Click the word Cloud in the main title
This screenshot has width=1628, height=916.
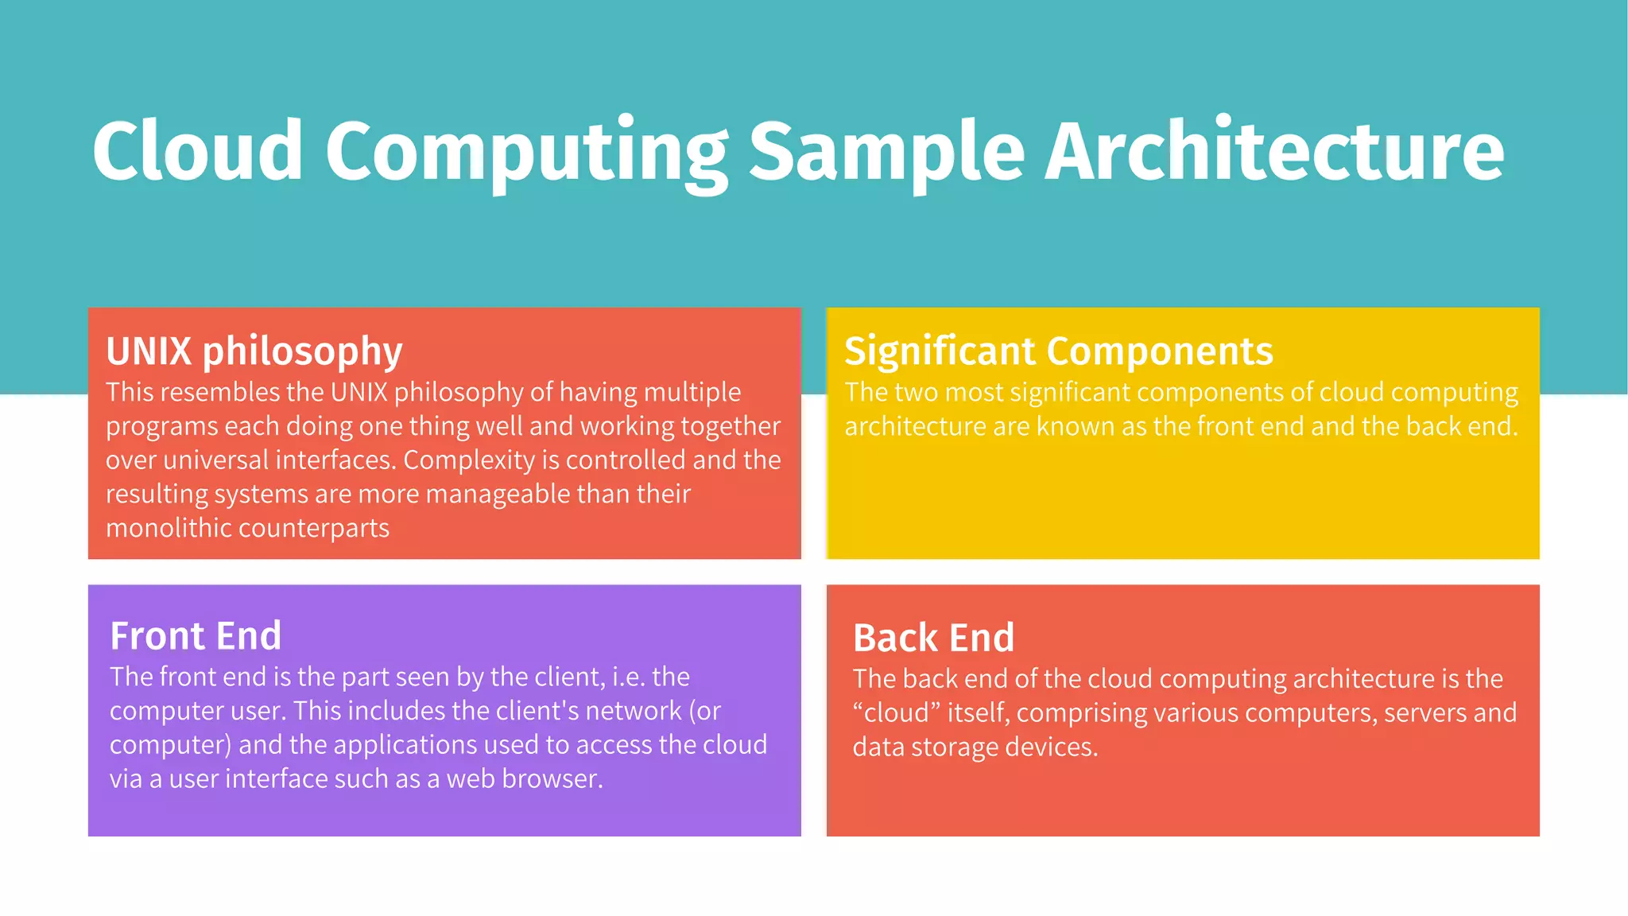click(x=197, y=151)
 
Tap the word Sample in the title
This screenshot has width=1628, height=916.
click(x=886, y=151)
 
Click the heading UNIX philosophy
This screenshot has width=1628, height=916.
click(x=254, y=351)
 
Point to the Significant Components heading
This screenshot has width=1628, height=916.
click(x=1058, y=351)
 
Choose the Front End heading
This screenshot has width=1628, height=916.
click(x=196, y=636)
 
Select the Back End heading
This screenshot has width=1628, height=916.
click(x=933, y=638)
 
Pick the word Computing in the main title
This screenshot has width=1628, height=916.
click(x=525, y=151)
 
